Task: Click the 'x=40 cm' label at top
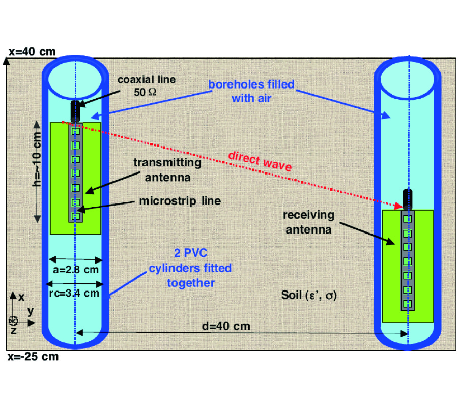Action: coord(32,51)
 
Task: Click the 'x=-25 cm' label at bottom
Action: coord(33,356)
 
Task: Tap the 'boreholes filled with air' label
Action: coord(251,91)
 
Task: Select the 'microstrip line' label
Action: coord(180,201)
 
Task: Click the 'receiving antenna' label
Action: coord(309,222)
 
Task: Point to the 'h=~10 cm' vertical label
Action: coord(37,168)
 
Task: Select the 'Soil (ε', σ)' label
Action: coord(309,295)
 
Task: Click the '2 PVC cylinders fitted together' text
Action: coord(189,267)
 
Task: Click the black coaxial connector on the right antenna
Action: coord(407,199)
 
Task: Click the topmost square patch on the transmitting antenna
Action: coord(76,132)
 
